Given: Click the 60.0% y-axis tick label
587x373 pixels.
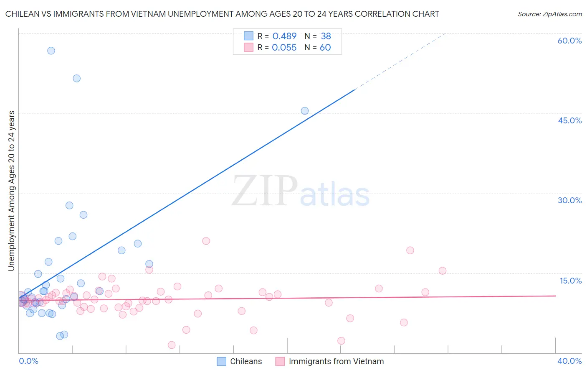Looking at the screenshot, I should coord(569,41).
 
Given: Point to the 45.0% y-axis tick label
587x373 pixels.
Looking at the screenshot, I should coord(569,120).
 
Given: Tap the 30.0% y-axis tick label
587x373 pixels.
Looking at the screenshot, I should coord(569,200).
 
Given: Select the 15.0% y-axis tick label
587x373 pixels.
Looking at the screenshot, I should coord(570,281).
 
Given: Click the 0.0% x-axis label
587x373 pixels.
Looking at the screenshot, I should coord(28,361).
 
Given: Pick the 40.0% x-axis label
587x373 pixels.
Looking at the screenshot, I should coord(569,361).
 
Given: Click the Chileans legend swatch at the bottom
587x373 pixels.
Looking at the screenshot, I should coord(222,361).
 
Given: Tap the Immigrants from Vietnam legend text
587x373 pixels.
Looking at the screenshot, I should coord(336,361).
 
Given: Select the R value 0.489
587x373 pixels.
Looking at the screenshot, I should coord(284,36).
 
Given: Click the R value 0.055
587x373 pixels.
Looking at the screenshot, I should coord(284,48).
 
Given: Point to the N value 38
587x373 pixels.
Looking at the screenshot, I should coord(326,36).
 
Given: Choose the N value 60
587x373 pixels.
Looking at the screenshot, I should coord(325,48).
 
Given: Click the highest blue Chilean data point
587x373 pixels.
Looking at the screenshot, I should coord(51,51).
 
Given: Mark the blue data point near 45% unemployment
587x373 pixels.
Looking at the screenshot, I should coord(305,111).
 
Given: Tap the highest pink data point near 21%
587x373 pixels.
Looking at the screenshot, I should coord(206,241).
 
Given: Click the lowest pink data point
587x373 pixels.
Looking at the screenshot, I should coord(172,345).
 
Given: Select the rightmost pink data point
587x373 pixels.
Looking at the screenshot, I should coord(443,271).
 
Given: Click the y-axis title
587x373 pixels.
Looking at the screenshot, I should coord(11,191).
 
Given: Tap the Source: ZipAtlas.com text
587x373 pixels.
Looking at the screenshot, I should coord(549,14).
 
